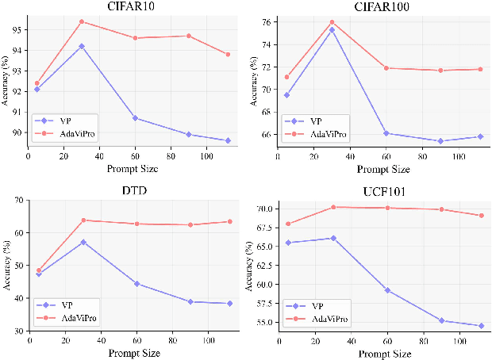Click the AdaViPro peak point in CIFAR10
(x=82, y=21)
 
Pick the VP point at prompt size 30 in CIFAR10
(x=82, y=46)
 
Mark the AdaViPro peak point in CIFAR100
(x=332, y=22)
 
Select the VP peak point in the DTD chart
(x=83, y=242)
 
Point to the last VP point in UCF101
(x=482, y=326)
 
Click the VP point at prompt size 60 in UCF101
(x=387, y=290)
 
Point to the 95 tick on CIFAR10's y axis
(x=19, y=30)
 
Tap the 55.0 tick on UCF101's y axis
(x=262, y=323)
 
